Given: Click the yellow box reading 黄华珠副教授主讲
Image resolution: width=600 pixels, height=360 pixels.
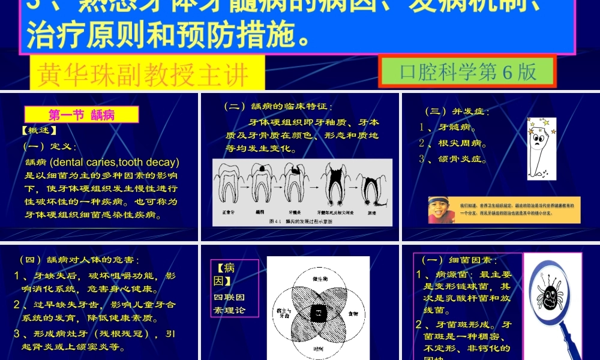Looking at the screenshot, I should pos(143,75).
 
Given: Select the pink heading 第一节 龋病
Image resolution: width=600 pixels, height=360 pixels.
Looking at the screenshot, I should pos(82,115).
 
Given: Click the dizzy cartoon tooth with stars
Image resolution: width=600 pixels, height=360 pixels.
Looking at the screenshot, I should pos(541,148).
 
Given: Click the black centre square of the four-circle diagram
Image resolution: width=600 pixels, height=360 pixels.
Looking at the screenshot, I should pos(317,312).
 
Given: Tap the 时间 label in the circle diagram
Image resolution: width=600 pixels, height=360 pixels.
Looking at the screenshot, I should pos(319,348).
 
